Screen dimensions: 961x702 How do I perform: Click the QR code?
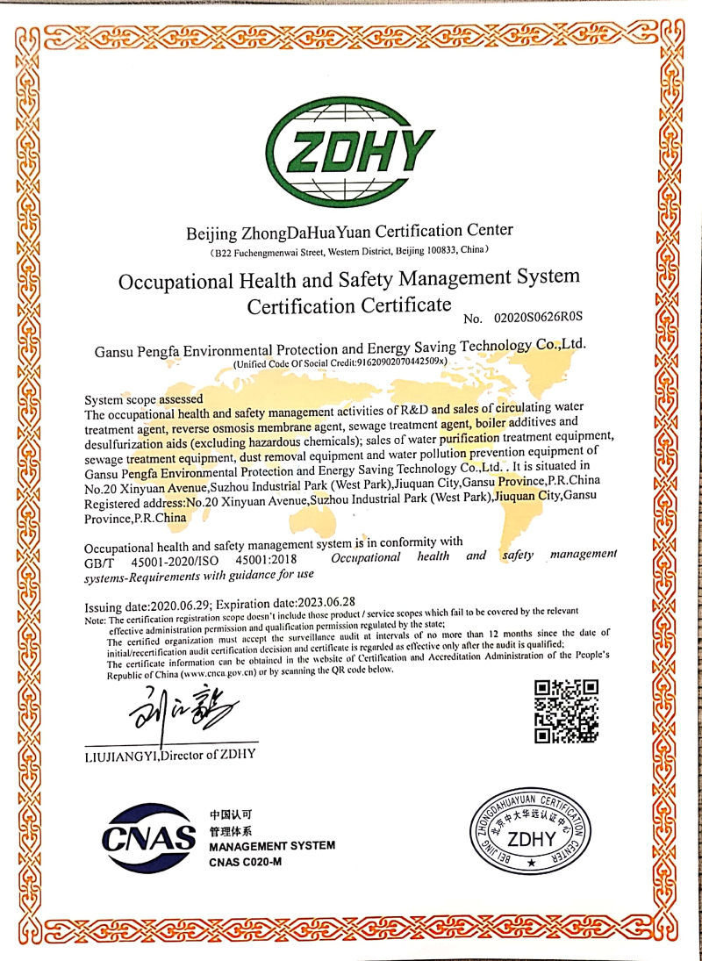[x=566, y=711]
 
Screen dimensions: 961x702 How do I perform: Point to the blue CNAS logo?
[x=147, y=836]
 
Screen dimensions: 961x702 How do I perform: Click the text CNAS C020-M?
[x=245, y=863]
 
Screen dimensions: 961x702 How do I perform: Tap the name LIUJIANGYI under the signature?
[x=120, y=754]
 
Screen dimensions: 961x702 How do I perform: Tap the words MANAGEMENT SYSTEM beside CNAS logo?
[x=272, y=846]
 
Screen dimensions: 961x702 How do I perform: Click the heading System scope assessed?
[x=143, y=398]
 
